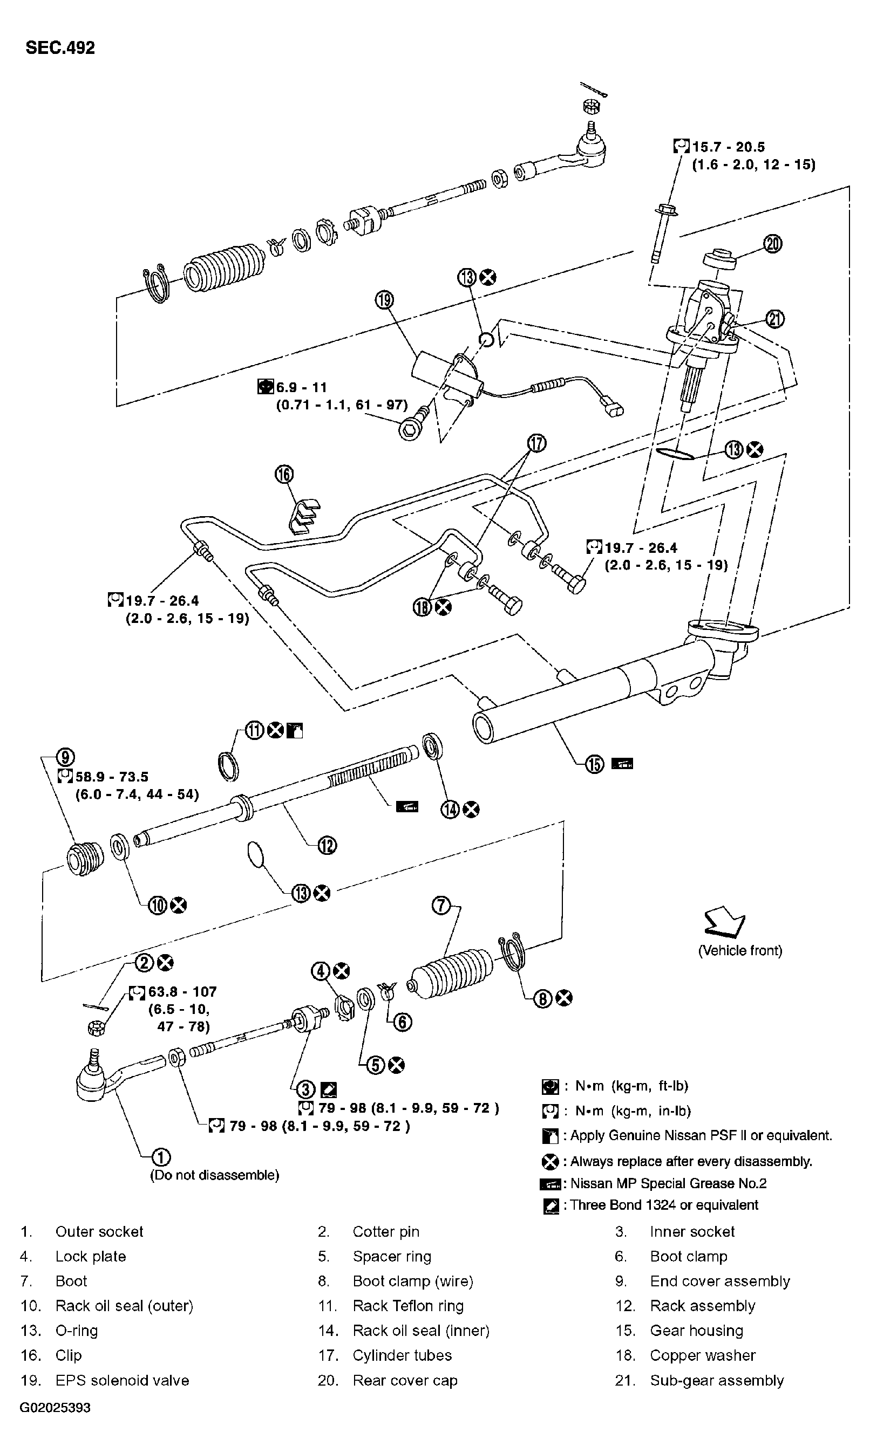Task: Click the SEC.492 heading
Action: click(x=60, y=47)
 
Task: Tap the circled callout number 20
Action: click(x=773, y=243)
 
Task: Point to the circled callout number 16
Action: click(x=284, y=474)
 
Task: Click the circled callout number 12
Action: click(x=327, y=846)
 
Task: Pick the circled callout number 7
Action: click(x=441, y=906)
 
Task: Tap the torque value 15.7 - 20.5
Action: click(x=728, y=147)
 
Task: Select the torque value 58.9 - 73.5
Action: click(x=111, y=777)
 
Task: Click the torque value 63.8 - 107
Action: click(x=182, y=992)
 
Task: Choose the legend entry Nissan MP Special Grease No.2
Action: click(x=668, y=1183)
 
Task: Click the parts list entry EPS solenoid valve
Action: click(x=122, y=1380)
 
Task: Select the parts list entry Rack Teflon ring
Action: click(x=408, y=1306)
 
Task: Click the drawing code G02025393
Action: click(x=55, y=1407)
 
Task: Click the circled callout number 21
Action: click(x=774, y=319)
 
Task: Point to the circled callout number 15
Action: click(x=594, y=764)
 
